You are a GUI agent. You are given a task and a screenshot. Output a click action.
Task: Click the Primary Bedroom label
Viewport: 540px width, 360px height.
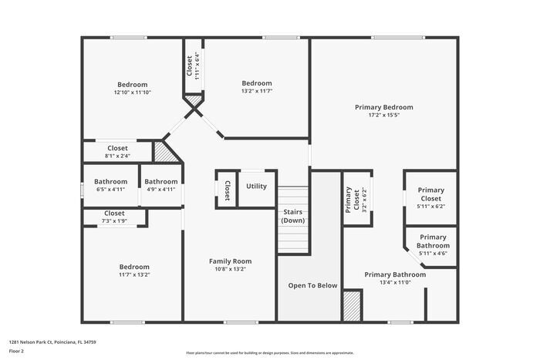[383, 107]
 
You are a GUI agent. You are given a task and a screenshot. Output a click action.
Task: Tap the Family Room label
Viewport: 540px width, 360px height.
[231, 261]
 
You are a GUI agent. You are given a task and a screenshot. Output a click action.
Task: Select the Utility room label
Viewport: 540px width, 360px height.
[256, 187]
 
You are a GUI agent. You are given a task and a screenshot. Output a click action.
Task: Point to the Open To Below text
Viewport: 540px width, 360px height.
[312, 286]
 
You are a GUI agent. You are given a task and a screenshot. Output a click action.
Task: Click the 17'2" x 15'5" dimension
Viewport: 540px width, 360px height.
[383, 116]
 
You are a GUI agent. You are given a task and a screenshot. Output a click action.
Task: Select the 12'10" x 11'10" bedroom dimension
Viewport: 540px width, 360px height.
[132, 93]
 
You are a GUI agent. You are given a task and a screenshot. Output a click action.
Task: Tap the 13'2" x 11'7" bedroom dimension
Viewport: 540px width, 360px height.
[256, 91]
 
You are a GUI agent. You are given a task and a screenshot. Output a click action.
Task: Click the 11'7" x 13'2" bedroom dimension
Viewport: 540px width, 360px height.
[133, 274]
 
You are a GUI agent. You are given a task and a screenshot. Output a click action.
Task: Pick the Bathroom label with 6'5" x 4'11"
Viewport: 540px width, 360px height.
[110, 182]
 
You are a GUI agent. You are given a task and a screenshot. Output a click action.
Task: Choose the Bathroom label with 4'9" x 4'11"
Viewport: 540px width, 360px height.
[160, 182]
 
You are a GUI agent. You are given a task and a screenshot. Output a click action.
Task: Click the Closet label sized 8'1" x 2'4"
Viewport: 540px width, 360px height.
[117, 148]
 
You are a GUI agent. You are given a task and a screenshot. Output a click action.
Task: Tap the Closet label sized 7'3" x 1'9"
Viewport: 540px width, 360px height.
[114, 213]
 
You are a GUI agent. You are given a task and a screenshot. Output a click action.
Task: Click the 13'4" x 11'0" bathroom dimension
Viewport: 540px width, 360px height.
[394, 283]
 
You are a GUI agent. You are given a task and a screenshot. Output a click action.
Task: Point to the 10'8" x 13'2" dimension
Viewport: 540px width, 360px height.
[231, 270]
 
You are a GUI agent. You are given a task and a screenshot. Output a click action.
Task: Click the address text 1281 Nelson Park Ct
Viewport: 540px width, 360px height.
[52, 341]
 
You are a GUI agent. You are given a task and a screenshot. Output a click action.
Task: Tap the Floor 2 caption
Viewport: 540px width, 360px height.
[16, 351]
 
